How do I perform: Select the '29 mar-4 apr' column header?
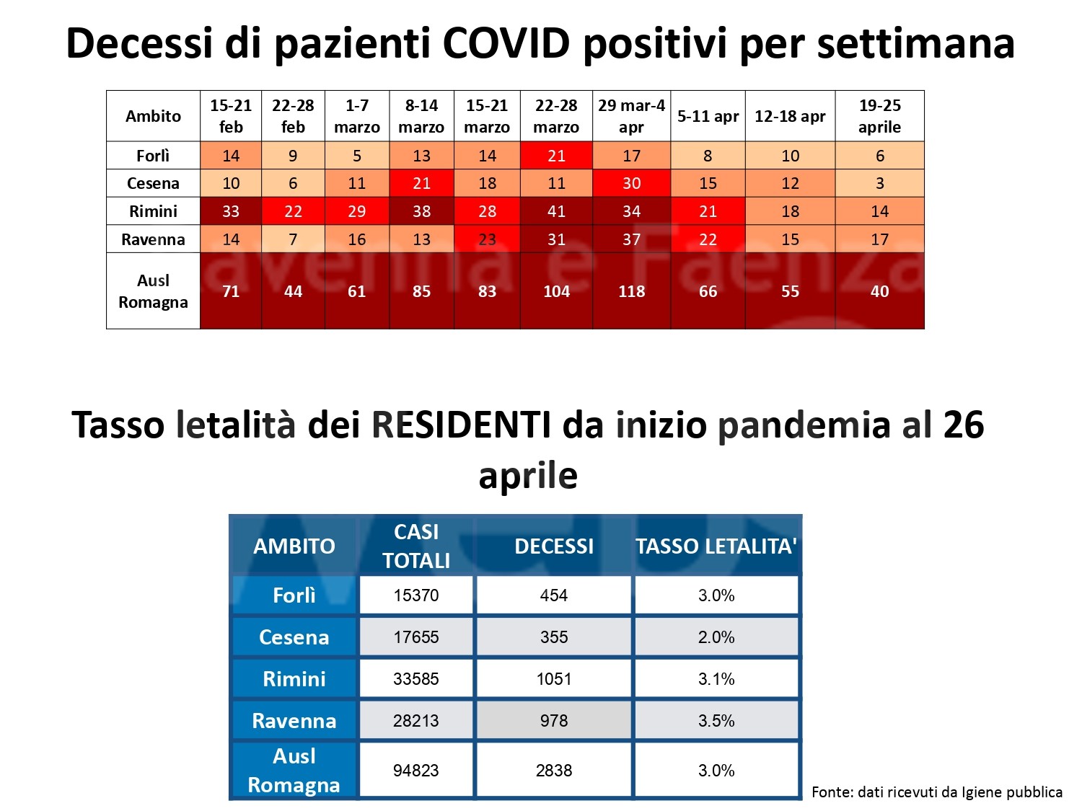coord(631,116)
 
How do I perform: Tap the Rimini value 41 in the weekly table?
coord(556,211)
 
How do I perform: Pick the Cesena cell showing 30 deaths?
coord(631,183)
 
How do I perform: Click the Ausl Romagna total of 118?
coord(631,291)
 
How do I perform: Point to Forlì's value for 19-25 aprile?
coord(879,156)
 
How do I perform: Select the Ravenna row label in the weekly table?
coord(153,239)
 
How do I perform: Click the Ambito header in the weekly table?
coord(153,116)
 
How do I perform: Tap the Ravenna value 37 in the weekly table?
coord(631,239)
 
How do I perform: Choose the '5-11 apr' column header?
coord(708,116)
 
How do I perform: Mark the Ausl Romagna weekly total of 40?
coord(879,291)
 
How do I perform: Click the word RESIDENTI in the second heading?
coord(461,425)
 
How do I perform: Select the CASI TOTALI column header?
coord(416,546)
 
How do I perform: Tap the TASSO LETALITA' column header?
coord(716,546)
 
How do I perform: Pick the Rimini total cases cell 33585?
coord(416,679)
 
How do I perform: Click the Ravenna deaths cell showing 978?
coord(554,721)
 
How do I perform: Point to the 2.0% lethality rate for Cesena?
coord(716,637)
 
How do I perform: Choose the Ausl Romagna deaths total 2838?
coord(554,771)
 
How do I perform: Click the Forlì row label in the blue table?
coord(294,595)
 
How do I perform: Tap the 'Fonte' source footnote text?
coord(936,792)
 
